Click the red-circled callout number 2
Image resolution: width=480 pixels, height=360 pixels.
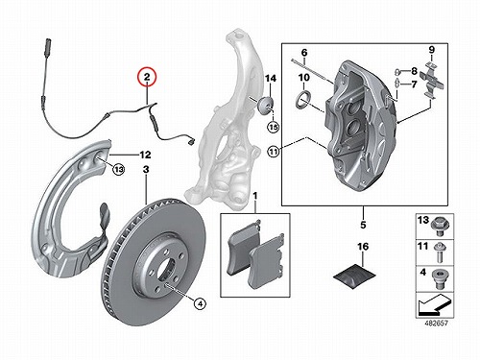pyautogui.click(x=147, y=77)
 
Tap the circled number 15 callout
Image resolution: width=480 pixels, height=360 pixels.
pyautogui.click(x=273, y=128)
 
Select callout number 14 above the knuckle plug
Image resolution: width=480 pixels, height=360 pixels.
pyautogui.click(x=271, y=79)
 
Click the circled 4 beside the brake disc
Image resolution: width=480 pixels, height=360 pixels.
pyautogui.click(x=200, y=303)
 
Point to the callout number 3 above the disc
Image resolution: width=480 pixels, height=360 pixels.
pyautogui.click(x=146, y=170)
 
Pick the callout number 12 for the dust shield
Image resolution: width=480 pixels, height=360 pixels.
pyautogui.click(x=145, y=155)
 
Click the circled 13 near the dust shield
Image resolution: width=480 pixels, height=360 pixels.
pyautogui.click(x=118, y=169)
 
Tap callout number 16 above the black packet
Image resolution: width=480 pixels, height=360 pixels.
pyautogui.click(x=363, y=247)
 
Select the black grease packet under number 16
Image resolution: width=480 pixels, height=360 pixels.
pyautogui.click(x=354, y=276)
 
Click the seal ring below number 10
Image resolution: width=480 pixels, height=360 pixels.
pyautogui.click(x=302, y=99)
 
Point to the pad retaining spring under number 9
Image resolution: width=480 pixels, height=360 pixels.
pyautogui.click(x=432, y=80)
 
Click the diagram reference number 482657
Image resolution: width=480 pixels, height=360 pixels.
pyautogui.click(x=437, y=324)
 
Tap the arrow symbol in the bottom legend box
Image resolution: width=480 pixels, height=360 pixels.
pyautogui.click(x=434, y=304)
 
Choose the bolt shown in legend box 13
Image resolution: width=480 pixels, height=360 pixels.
pyautogui.click(x=441, y=226)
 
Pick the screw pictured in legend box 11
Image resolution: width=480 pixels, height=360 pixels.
pyautogui.click(x=440, y=252)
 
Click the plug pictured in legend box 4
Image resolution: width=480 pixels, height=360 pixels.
pyautogui.click(x=440, y=278)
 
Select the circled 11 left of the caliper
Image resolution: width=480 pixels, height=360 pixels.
pyautogui.click(x=273, y=152)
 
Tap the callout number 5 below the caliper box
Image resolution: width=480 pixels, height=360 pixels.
pyautogui.click(x=363, y=225)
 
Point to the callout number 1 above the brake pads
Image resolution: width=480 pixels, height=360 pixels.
pyautogui.click(x=255, y=196)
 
